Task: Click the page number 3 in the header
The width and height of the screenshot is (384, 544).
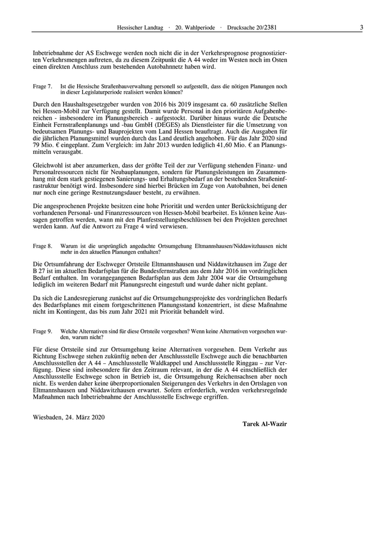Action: click(x=362, y=27)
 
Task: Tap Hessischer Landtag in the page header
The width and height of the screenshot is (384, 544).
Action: click(x=139, y=27)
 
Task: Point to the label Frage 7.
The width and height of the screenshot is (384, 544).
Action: click(x=42, y=86)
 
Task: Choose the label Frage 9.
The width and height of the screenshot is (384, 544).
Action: click(x=42, y=331)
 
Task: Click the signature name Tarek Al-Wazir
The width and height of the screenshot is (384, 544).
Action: click(x=264, y=424)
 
